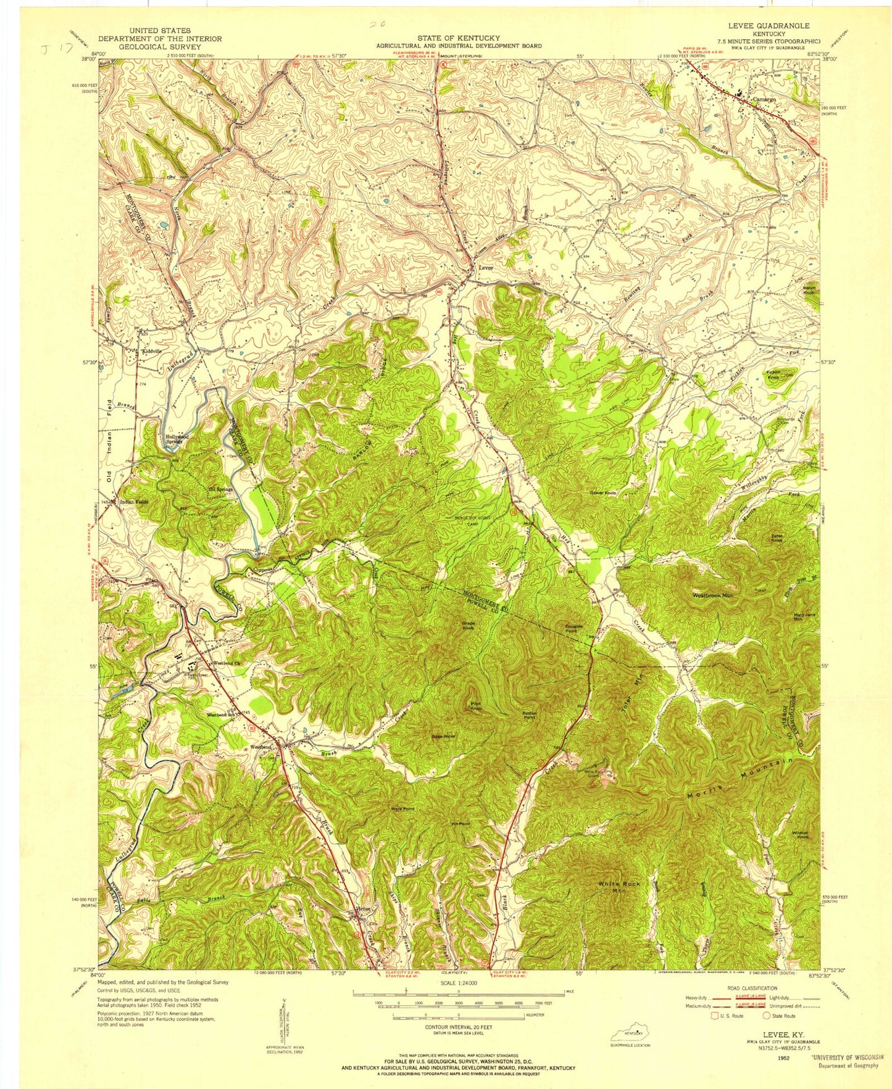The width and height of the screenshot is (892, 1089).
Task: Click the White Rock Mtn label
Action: tap(619, 887)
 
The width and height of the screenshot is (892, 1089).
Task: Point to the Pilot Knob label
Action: tap(476, 706)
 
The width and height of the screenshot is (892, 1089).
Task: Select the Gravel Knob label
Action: tap(604, 493)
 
